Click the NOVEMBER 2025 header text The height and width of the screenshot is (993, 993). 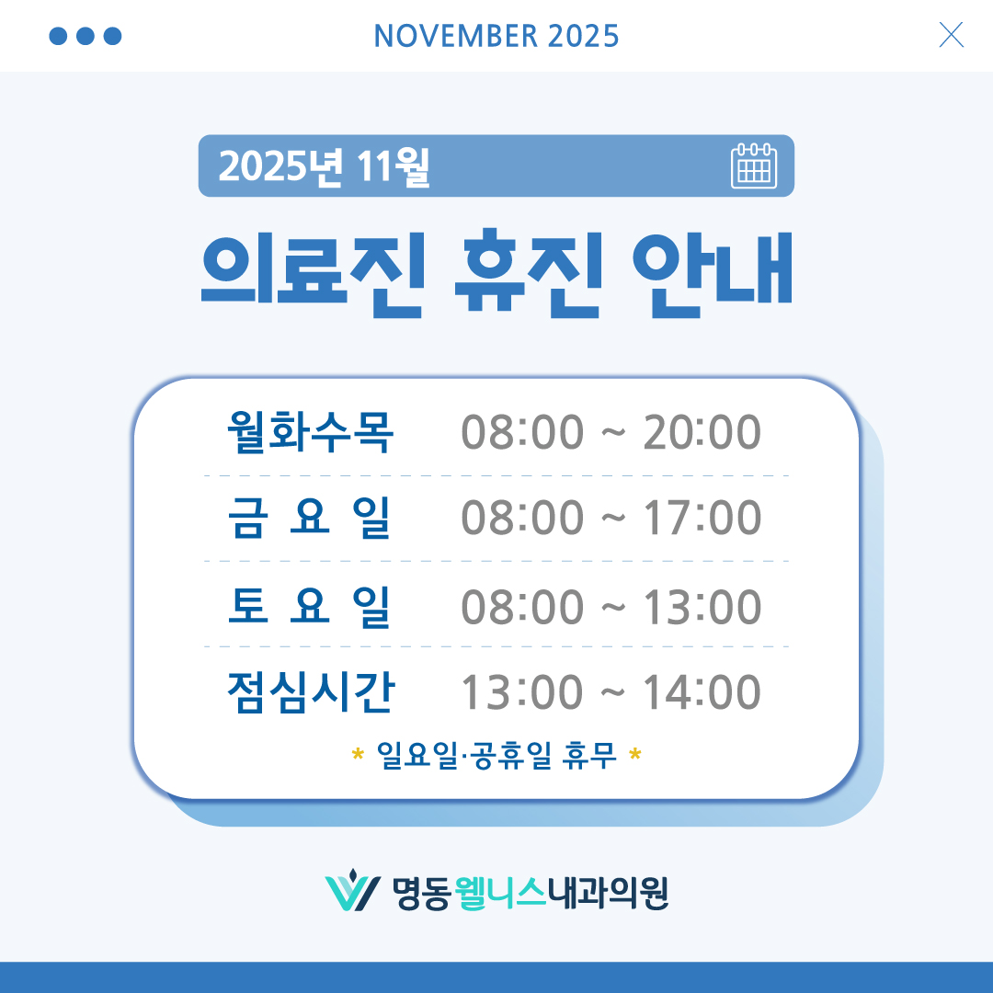496,36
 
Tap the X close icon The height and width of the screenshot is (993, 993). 951,35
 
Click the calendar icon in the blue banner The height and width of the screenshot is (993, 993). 754,166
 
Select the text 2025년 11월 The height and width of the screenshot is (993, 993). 325,166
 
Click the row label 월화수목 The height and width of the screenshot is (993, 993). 310,432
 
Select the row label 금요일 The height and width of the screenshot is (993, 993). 310,518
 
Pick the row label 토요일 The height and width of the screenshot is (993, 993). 310,606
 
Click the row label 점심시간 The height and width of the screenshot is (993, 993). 310,692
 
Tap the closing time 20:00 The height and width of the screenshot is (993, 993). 702,432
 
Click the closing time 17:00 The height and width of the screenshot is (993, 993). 702,518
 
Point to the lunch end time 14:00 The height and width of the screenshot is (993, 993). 702,692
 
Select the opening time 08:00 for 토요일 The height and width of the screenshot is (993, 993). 522,606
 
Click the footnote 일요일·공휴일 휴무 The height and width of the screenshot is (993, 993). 496,758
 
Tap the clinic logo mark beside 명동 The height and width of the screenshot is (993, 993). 352,891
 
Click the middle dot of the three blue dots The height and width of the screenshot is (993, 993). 86,36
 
